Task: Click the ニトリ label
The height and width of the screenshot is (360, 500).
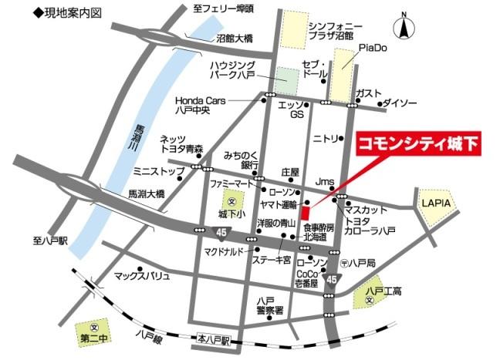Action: click(x=325, y=139)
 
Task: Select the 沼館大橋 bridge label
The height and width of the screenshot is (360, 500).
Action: click(x=235, y=38)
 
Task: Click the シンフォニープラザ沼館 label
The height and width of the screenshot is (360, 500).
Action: click(x=332, y=30)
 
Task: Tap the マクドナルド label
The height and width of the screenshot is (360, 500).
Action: click(x=224, y=251)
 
